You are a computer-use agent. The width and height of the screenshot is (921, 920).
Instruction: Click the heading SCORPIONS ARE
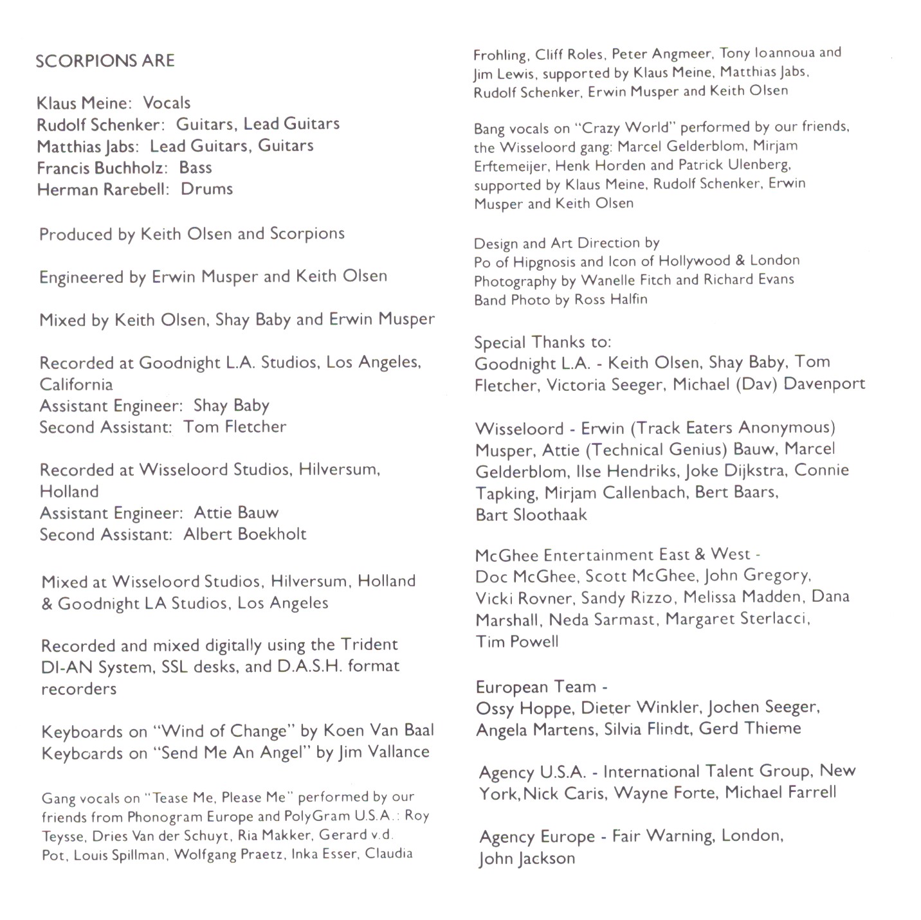coord(105,61)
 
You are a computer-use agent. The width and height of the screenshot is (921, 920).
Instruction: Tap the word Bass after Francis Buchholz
coord(196,168)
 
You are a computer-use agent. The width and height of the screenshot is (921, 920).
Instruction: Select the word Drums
coord(206,189)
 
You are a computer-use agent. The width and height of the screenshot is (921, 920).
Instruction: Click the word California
coord(76,384)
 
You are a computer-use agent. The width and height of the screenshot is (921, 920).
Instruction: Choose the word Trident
coord(369,645)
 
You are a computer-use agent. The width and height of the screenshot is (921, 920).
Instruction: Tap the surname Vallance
coord(398,752)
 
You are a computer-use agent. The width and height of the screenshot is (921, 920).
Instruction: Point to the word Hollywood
coord(684,261)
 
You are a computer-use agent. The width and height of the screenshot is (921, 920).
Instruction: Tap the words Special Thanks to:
coord(542,342)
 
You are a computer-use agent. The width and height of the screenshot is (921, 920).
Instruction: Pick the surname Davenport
coord(824,384)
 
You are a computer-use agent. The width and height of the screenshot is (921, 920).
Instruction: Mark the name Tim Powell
coord(517,642)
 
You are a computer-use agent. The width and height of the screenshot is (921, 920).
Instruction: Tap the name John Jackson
coord(527,859)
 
